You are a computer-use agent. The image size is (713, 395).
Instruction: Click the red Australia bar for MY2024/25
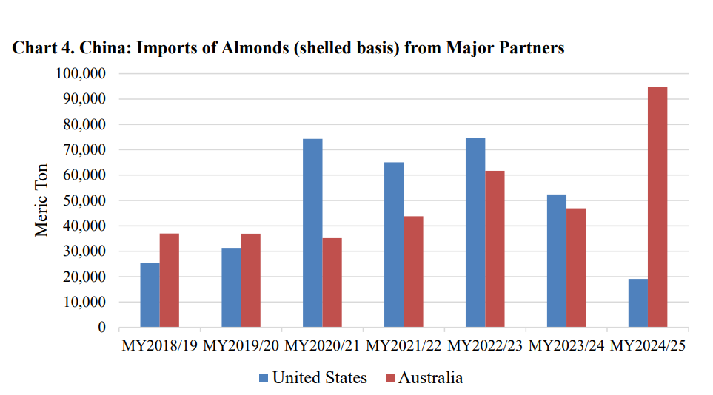[x=657, y=207]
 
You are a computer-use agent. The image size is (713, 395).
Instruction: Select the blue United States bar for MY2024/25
[x=637, y=303]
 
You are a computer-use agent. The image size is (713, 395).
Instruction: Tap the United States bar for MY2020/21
[x=312, y=233]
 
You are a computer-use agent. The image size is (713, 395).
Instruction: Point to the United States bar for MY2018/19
[x=150, y=295]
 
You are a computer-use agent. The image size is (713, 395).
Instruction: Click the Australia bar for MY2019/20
[x=250, y=280]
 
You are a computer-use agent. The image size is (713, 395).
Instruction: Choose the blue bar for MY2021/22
[x=394, y=245]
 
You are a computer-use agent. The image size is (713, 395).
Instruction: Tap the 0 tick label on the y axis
[x=101, y=328]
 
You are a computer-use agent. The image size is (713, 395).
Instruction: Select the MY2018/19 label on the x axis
[x=158, y=346]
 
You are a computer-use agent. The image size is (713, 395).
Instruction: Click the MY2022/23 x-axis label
[x=485, y=346]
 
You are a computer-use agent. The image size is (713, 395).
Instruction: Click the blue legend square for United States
[x=264, y=378]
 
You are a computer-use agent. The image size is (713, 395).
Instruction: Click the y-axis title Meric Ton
[x=42, y=200]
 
